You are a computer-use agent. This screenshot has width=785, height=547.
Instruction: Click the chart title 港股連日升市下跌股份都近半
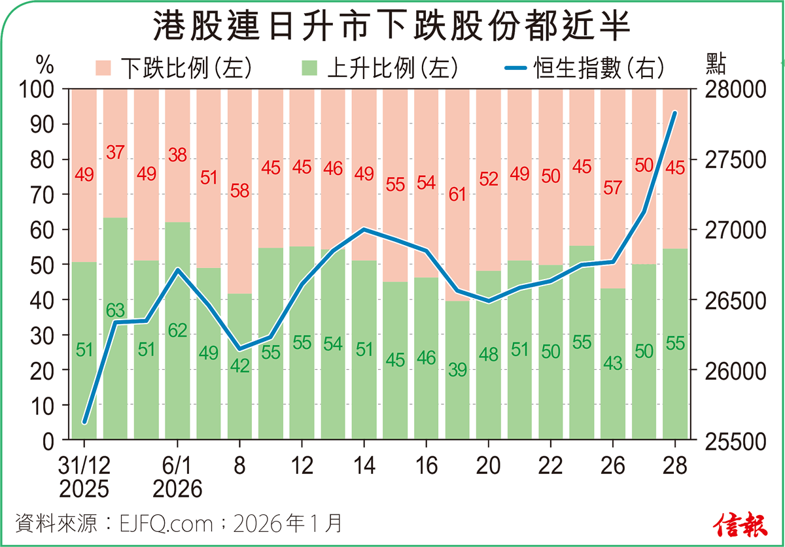[392, 29]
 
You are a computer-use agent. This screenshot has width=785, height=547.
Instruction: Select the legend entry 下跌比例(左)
[173, 67]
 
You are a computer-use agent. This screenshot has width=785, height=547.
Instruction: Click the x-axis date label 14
[364, 466]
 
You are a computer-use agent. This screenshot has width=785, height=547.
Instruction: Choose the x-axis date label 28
[675, 466]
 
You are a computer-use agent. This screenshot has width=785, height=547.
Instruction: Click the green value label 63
[115, 310]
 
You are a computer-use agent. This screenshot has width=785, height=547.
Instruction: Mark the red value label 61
[457, 194]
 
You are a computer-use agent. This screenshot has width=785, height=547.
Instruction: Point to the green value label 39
[457, 371]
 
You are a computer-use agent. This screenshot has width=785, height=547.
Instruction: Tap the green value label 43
[612, 363]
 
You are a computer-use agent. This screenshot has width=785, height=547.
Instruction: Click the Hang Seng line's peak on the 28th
[675, 113]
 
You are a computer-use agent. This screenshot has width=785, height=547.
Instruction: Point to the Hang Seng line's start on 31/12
[84, 423]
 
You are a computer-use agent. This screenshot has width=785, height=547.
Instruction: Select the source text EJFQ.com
[167, 523]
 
